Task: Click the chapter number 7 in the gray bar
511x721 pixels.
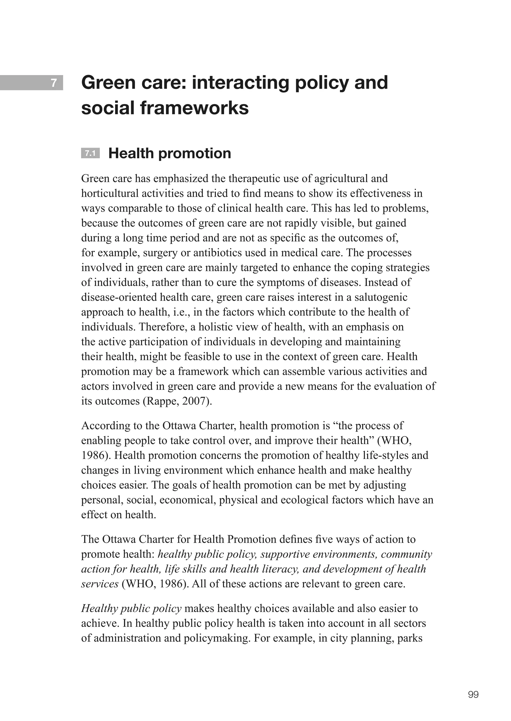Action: click(54, 83)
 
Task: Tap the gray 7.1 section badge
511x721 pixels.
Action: click(90, 153)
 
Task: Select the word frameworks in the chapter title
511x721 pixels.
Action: click(194, 108)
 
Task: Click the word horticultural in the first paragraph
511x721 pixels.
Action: click(110, 193)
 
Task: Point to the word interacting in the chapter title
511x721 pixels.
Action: click(239, 83)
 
